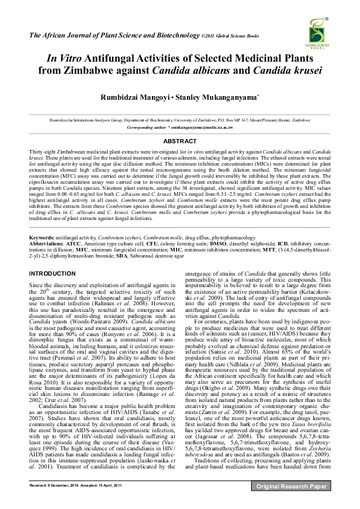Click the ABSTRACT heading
[180, 141]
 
